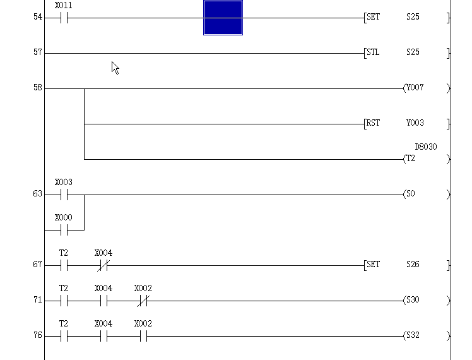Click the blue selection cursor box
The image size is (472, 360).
(223, 18)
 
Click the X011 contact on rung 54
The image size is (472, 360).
(63, 18)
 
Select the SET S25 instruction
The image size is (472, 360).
(407, 18)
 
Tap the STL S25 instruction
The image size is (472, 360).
(407, 53)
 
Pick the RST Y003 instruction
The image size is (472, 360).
(407, 124)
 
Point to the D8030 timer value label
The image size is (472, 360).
(425, 147)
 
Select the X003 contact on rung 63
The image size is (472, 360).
(63, 195)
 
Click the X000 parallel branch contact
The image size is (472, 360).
(63, 230)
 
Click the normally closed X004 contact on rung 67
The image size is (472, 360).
(103, 265)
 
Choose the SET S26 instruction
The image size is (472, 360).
(407, 265)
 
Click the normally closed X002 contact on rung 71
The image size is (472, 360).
(143, 301)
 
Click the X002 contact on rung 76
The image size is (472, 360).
(143, 336)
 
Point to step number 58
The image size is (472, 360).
(38, 88)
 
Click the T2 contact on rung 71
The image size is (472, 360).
(63, 301)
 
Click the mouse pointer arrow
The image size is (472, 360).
(115, 68)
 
